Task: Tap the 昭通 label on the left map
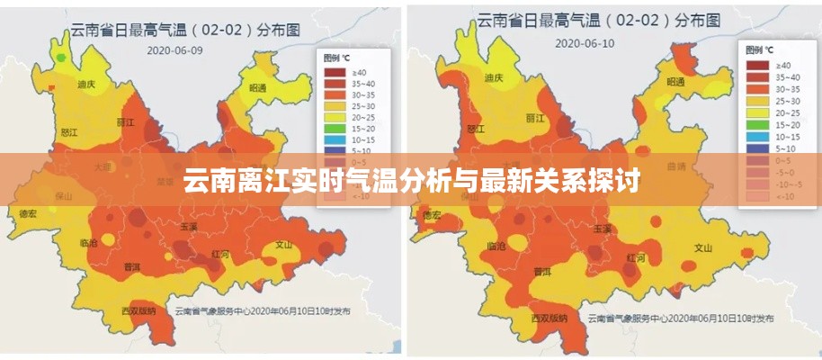coord(258,88)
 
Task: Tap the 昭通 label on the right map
coord(675,82)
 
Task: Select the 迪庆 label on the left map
coord(87,84)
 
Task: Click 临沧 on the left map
coord(89,243)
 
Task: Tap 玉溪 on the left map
coord(188,228)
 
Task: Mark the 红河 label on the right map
coord(635,256)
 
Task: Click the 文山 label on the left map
coord(284,244)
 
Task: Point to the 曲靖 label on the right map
coord(678,166)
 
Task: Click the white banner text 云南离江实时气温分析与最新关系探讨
coord(411,182)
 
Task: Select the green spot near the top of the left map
coord(60,58)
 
